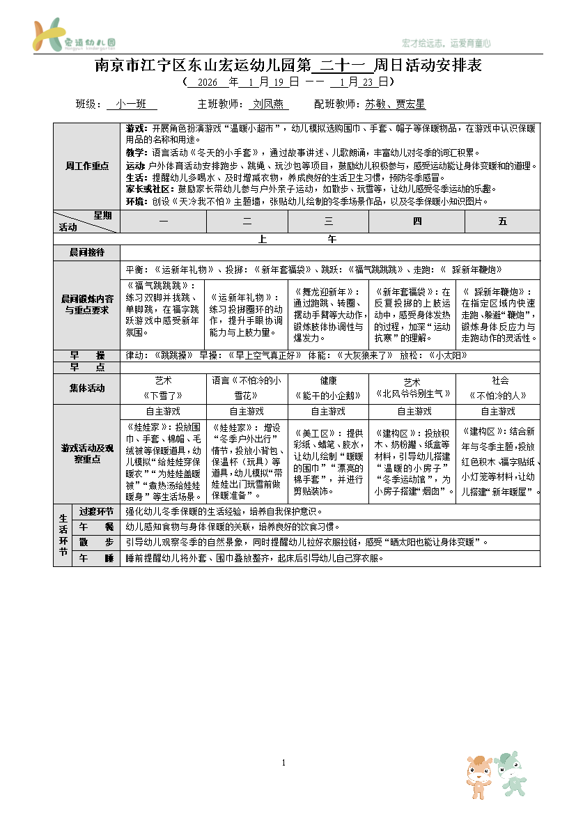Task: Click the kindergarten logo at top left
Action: point(73,36)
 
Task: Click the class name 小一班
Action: point(131,104)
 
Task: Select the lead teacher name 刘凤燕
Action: point(268,104)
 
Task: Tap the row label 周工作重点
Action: point(87,166)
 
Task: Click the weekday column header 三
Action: point(329,222)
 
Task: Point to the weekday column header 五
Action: point(502,222)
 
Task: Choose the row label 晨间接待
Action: point(87,252)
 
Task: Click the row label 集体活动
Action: point(87,388)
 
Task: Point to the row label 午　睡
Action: point(96,559)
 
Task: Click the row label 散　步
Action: point(96,542)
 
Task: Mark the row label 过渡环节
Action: point(96,511)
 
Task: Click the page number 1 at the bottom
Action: point(284,764)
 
